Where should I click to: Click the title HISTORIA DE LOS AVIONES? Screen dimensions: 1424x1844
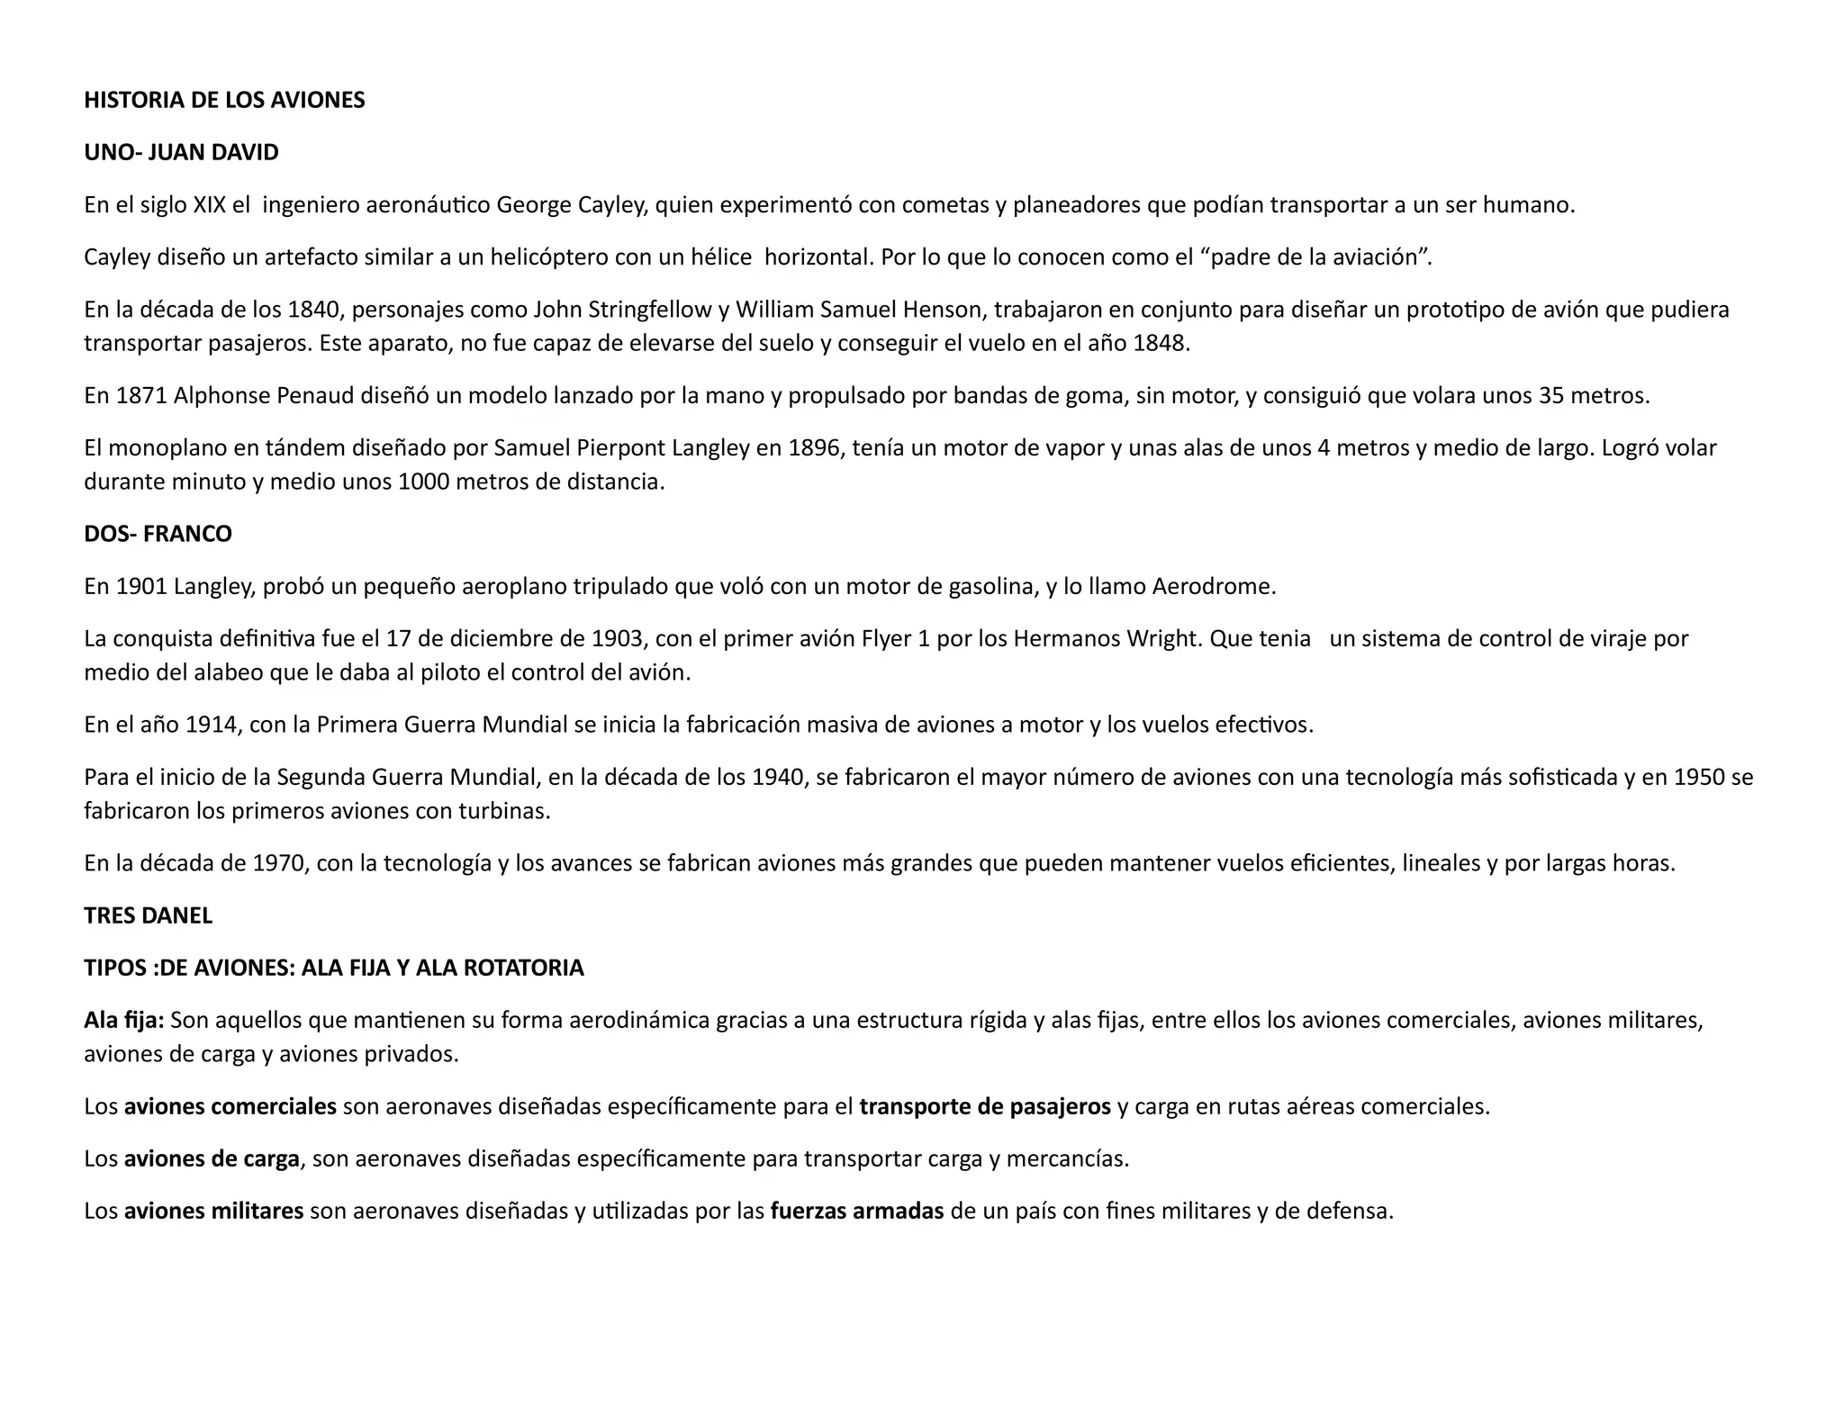(224, 100)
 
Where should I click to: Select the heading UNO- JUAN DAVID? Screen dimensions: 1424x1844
(181, 152)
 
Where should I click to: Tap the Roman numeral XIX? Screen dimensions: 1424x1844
(210, 205)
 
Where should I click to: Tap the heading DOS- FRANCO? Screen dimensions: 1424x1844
(158, 534)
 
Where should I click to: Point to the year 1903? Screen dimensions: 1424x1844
(619, 639)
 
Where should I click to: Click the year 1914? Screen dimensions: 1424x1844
(211, 726)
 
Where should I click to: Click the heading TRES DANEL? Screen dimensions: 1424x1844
(148, 915)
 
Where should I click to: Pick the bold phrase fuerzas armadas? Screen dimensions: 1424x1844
(857, 1212)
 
